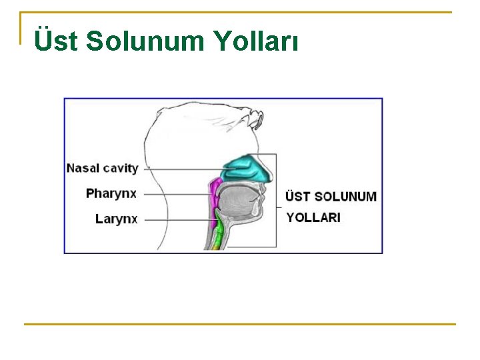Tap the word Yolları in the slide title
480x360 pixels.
256,41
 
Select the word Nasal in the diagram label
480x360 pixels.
83,168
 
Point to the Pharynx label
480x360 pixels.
111,194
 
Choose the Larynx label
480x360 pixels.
117,218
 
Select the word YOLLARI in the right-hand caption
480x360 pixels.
313,217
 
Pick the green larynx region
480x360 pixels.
217,237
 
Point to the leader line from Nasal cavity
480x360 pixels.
183,169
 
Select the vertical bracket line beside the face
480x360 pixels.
276,200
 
